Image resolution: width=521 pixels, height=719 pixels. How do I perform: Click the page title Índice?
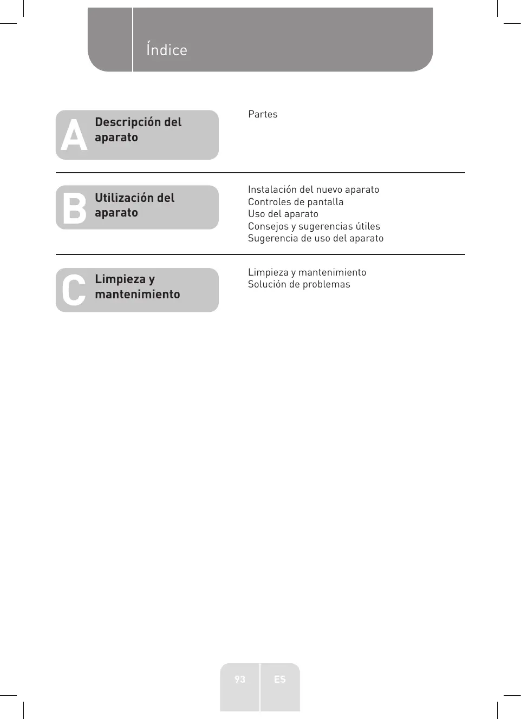[166, 50]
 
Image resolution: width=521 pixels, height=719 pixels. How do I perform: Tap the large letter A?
[74, 135]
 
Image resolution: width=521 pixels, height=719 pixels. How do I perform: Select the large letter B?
[74, 208]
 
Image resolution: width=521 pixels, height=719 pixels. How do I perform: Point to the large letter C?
[74, 290]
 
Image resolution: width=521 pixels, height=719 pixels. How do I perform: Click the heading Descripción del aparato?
[138, 129]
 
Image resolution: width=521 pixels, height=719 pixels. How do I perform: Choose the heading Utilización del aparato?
[134, 205]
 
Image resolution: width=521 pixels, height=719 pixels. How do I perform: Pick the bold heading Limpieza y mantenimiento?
[137, 286]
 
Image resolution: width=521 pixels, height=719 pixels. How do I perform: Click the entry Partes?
[263, 114]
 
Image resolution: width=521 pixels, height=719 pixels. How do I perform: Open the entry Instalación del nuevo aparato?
[314, 189]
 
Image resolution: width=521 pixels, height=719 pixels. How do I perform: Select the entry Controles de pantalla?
[296, 202]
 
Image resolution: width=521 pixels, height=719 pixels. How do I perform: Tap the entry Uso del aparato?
[283, 214]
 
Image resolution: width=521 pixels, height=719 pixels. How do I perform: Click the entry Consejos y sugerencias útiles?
[314, 226]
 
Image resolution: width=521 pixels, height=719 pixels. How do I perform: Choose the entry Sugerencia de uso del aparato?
[316, 238]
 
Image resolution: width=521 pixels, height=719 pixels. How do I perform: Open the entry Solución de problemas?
[299, 284]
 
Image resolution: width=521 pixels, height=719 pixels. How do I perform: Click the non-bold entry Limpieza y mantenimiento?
[307, 272]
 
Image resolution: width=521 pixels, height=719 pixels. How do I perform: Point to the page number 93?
[240, 679]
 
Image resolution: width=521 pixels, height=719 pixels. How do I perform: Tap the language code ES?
[279, 679]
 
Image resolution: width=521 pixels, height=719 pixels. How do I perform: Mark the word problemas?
[326, 284]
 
